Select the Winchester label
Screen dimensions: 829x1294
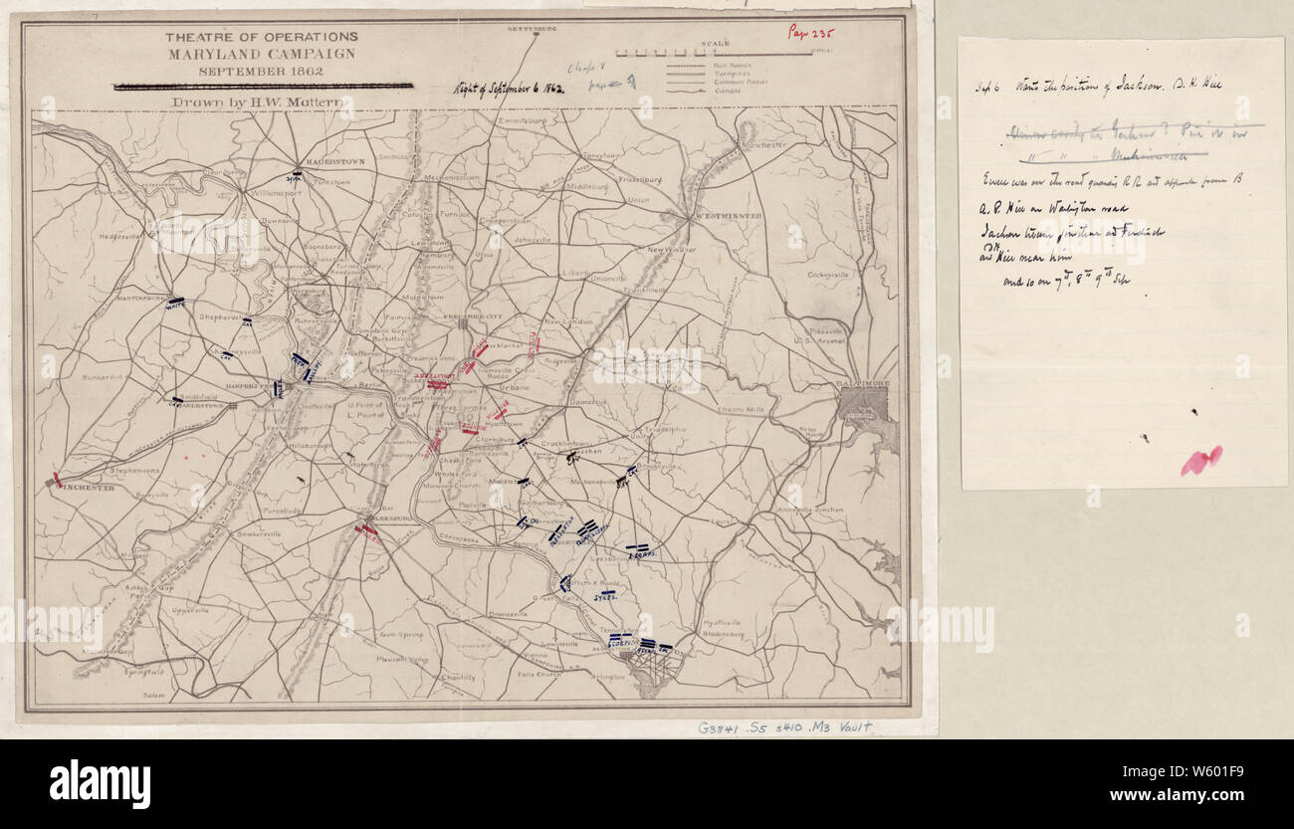(84, 488)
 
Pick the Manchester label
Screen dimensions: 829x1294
(762, 145)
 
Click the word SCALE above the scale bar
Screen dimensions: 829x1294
(715, 44)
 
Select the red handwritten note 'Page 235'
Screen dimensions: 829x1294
(811, 32)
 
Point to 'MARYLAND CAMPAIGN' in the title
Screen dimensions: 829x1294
(262, 54)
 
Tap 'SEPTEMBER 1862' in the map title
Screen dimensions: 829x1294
(262, 71)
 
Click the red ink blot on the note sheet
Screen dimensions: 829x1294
(1200, 460)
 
